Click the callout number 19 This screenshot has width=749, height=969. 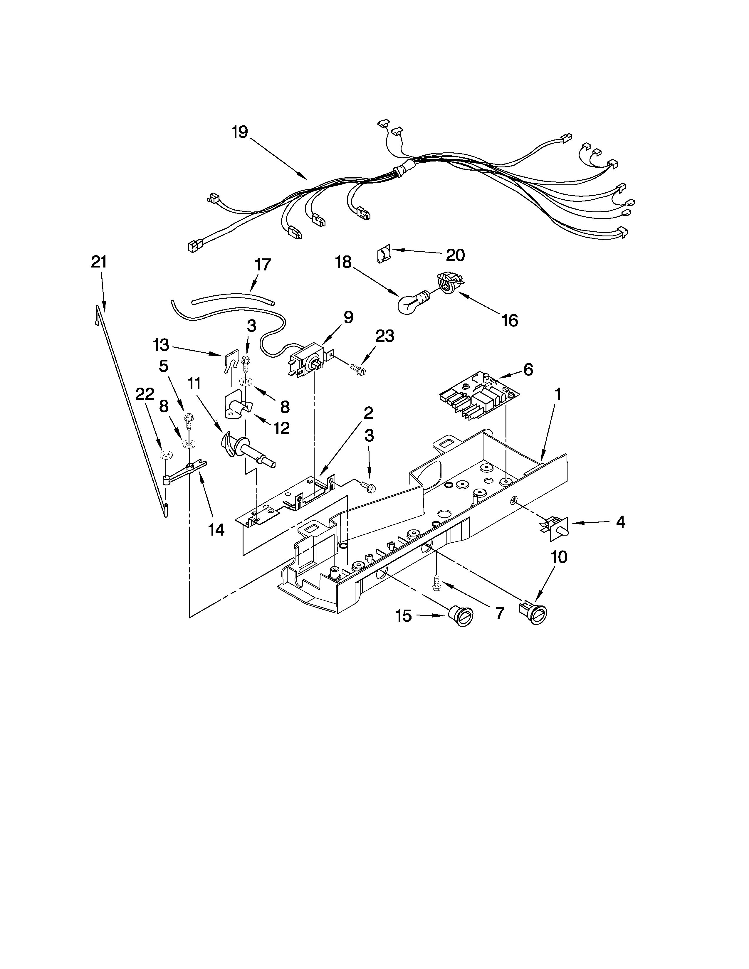point(240,132)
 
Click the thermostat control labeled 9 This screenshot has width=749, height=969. point(307,360)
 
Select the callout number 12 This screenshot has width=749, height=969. point(281,428)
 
